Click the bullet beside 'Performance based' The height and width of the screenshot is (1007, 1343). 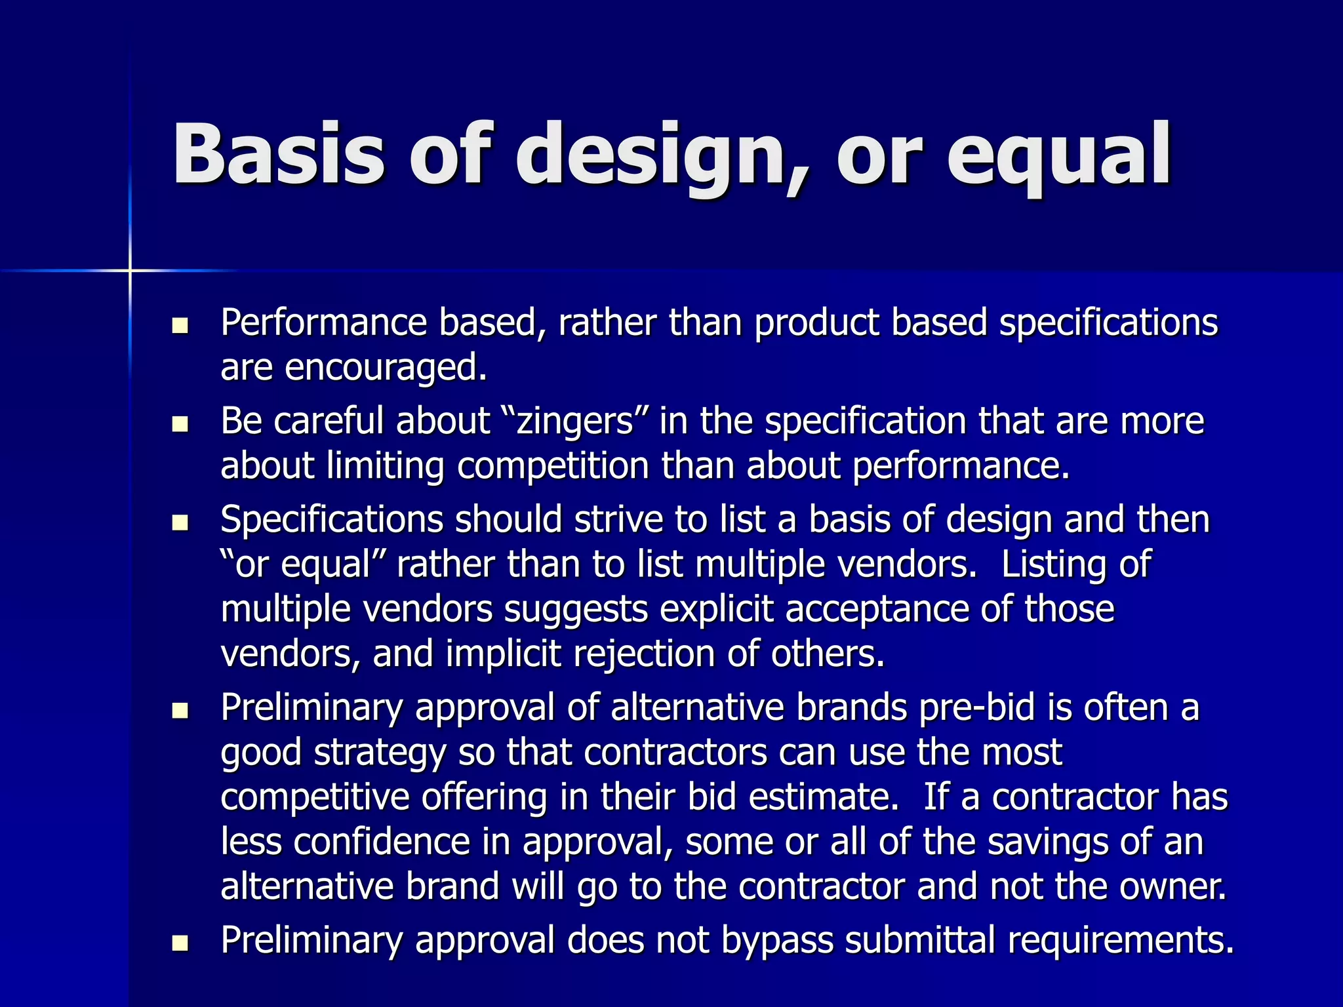click(180, 325)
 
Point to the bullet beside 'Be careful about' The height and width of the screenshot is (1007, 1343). click(180, 424)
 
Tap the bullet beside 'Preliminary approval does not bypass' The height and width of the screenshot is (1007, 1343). click(180, 943)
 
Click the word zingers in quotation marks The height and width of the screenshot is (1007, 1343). click(575, 422)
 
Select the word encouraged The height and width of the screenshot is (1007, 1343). click(386, 368)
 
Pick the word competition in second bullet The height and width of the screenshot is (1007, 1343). click(553, 466)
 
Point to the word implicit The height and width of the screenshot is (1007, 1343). click(504, 654)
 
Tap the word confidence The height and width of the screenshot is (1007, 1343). click(382, 842)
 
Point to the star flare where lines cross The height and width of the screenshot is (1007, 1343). click(130, 270)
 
